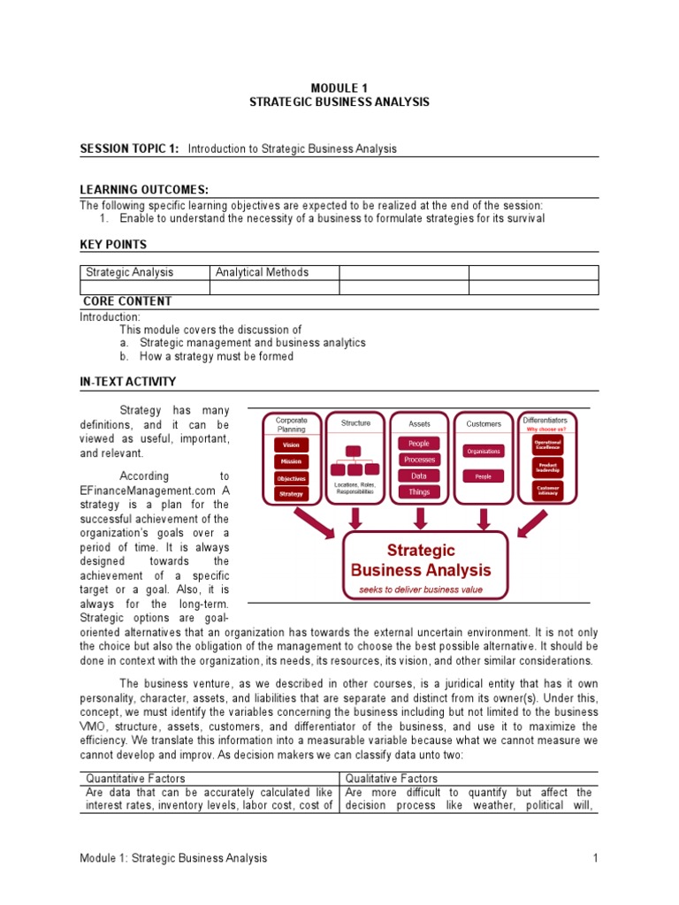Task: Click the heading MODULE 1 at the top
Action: tap(339, 87)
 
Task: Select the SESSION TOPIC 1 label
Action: tap(129, 148)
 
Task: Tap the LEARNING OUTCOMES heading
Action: tap(144, 190)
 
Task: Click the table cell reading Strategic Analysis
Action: tap(129, 273)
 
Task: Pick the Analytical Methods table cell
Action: tap(262, 273)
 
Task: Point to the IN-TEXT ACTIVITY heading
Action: tap(128, 382)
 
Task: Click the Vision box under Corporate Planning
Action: tap(292, 446)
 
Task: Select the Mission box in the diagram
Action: tap(292, 461)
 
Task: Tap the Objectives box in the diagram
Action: tap(292, 478)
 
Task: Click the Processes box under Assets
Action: tap(419, 460)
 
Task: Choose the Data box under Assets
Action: tap(419, 475)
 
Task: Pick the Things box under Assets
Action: tap(419, 492)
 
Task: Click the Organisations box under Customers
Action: tap(483, 451)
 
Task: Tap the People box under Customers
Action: tap(483, 476)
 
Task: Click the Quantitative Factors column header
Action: tap(135, 779)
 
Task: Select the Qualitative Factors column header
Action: tap(392, 779)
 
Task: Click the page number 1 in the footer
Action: tap(596, 858)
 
